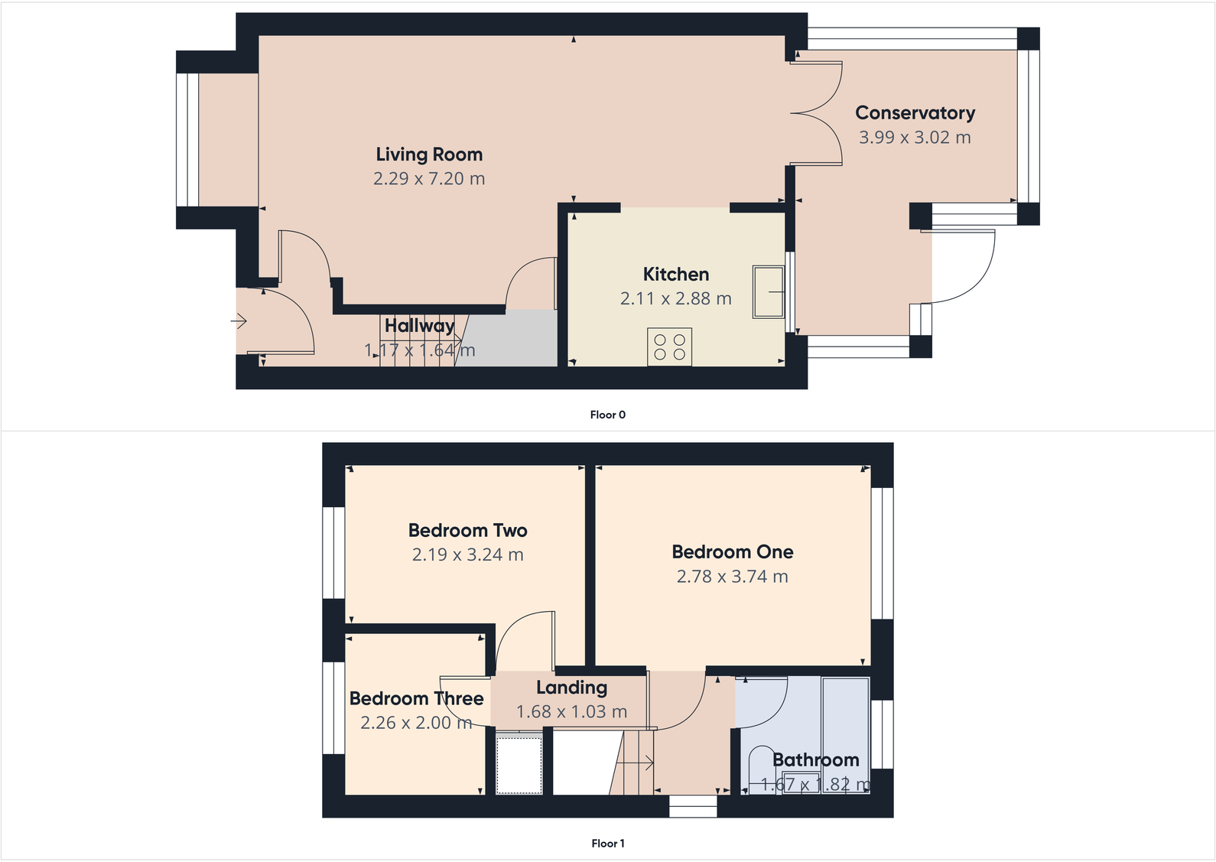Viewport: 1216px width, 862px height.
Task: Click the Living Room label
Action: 429,155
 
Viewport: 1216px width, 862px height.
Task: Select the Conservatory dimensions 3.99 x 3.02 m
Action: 915,138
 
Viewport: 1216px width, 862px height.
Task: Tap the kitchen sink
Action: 768,291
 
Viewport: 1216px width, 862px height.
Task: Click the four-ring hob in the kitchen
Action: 669,346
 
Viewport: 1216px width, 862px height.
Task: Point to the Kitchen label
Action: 675,274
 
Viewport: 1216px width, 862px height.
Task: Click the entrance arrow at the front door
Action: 239,321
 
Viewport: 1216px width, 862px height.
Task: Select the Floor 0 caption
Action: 607,415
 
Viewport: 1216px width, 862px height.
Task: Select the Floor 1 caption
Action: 607,843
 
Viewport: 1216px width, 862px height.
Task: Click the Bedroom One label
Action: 732,551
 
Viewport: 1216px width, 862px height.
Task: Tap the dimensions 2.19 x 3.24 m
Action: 467,555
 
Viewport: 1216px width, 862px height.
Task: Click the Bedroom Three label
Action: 416,698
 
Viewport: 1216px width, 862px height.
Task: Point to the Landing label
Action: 571,688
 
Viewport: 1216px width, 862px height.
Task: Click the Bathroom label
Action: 815,760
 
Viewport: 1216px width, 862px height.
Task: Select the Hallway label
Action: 419,326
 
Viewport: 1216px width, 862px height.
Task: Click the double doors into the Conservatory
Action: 817,113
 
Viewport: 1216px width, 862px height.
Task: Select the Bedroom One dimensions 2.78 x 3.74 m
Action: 732,577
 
